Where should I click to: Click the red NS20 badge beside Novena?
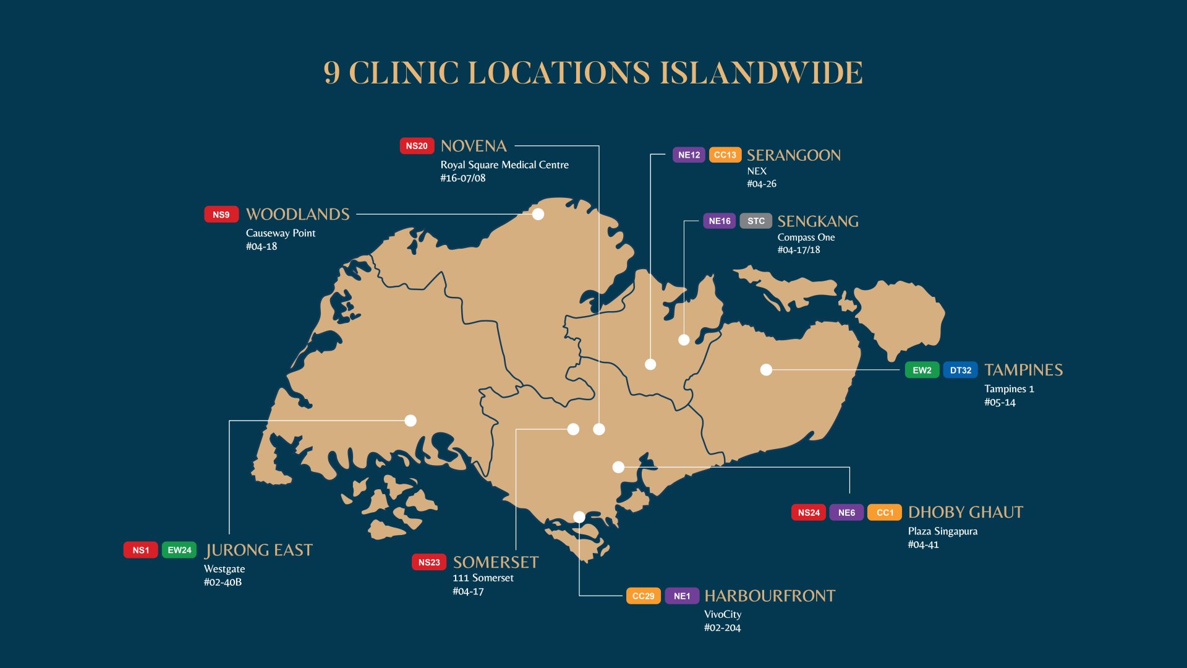[417, 146]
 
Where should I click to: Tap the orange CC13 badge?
[725, 155]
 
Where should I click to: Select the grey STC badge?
[755, 221]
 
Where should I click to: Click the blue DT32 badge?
[960, 370]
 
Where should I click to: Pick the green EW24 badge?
[179, 550]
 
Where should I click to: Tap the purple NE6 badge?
[846, 512]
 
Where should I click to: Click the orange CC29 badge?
[643, 596]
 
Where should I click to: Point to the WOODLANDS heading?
[297, 215]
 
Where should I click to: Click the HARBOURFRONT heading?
[770, 596]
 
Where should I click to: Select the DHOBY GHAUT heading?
[965, 512]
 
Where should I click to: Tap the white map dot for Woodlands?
[538, 214]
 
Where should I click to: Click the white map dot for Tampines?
[766, 370]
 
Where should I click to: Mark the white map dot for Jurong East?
[411, 421]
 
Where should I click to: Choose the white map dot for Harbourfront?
[579, 517]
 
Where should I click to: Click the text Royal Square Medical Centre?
[504, 165]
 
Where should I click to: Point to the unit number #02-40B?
[223, 582]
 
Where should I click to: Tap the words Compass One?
[806, 237]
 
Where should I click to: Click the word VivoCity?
[722, 614]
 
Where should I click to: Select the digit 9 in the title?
[332, 73]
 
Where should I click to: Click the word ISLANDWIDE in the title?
[761, 73]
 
